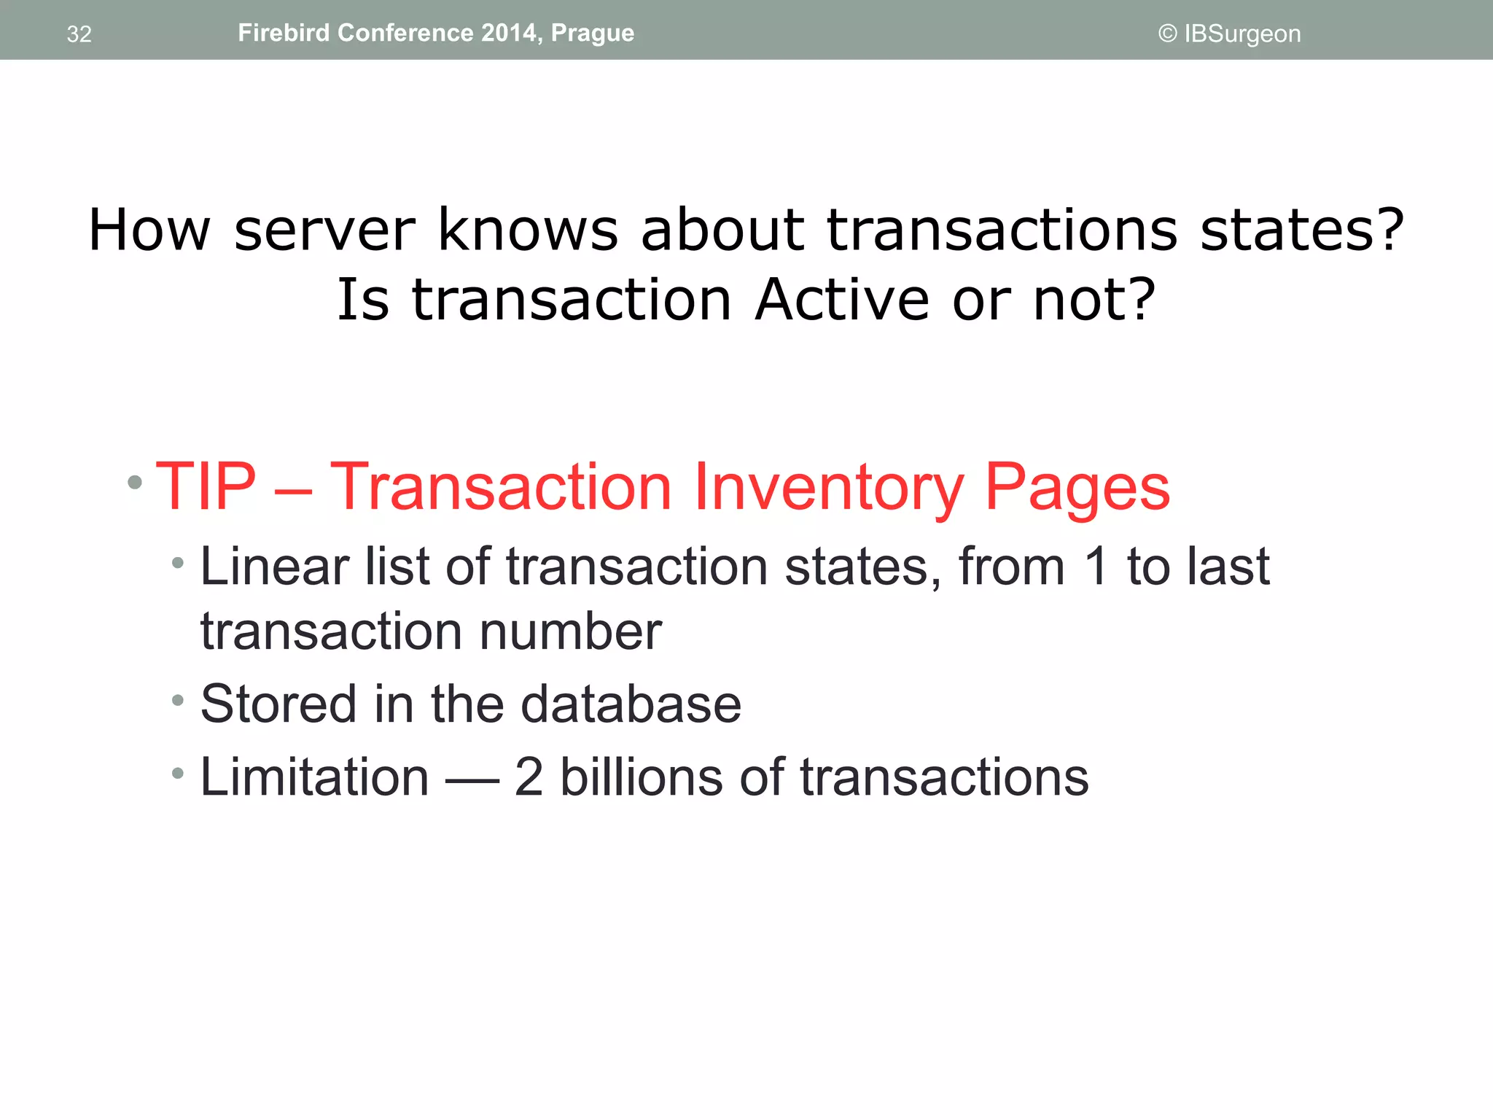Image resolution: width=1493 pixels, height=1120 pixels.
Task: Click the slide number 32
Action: click(79, 34)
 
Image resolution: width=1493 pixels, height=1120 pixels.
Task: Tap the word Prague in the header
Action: click(592, 34)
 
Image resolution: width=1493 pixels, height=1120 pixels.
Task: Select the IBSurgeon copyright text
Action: click(1229, 34)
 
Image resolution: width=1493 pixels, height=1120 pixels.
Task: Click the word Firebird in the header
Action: click(284, 33)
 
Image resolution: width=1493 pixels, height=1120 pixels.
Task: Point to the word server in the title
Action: click(324, 230)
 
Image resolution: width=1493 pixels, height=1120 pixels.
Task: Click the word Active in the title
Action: click(842, 300)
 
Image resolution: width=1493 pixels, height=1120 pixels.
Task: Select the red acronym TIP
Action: click(206, 486)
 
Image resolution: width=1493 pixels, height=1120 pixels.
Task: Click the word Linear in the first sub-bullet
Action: click(274, 566)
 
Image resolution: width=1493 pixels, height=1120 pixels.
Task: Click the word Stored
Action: click(278, 704)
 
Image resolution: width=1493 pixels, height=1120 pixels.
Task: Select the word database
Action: click(631, 704)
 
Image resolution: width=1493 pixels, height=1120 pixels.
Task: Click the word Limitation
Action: click(314, 777)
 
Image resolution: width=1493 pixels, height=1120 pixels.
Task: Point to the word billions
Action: click(641, 777)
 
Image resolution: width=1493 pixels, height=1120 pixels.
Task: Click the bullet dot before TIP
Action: click(135, 482)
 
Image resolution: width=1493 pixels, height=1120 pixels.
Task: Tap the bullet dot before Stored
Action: click(177, 701)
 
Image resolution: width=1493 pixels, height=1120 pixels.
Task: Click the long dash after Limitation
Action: click(472, 780)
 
